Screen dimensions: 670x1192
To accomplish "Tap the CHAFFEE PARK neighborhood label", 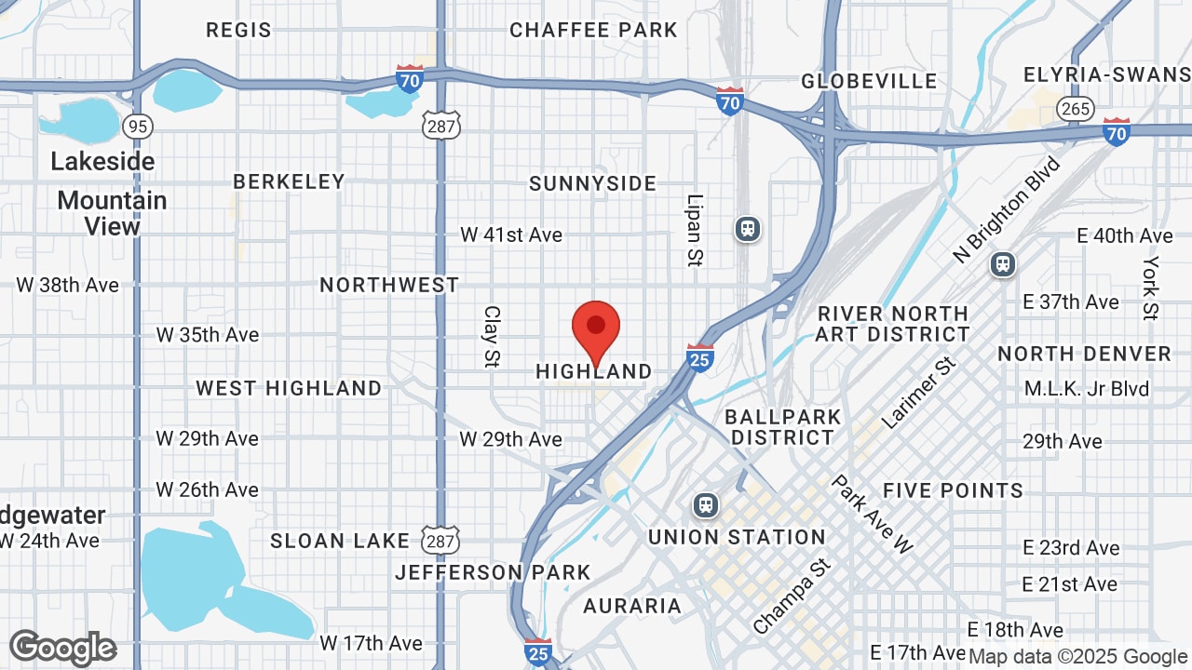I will pyautogui.click(x=593, y=30).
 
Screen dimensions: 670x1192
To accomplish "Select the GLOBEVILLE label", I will pyautogui.click(x=869, y=81).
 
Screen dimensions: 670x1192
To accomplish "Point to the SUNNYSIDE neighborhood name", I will pyautogui.click(x=592, y=183).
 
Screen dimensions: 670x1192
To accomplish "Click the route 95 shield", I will pyautogui.click(x=138, y=126).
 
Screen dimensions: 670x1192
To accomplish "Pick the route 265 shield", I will pyautogui.click(x=1075, y=109).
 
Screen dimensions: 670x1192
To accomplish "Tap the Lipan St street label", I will pyautogui.click(x=694, y=230).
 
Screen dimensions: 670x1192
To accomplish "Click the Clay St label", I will pyautogui.click(x=492, y=336).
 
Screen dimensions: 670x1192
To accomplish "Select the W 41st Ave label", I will pyautogui.click(x=511, y=234).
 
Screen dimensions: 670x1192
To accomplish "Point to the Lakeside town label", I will pyautogui.click(x=102, y=161).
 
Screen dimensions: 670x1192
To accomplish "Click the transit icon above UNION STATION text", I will pyautogui.click(x=707, y=505).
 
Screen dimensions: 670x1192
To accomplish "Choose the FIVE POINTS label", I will pyautogui.click(x=953, y=490).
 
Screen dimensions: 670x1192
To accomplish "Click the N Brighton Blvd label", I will pyautogui.click(x=1007, y=210).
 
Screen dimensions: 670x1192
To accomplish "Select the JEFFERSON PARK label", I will pyautogui.click(x=493, y=572).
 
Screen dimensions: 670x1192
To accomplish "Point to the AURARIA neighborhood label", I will pyautogui.click(x=632, y=606).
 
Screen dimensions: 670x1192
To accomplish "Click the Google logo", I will pyautogui.click(x=62, y=648).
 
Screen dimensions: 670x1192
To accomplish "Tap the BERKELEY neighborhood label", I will pyautogui.click(x=289, y=181).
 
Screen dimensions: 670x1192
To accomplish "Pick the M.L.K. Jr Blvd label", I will pyautogui.click(x=1087, y=388).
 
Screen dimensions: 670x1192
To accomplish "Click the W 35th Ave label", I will pyautogui.click(x=208, y=335).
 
